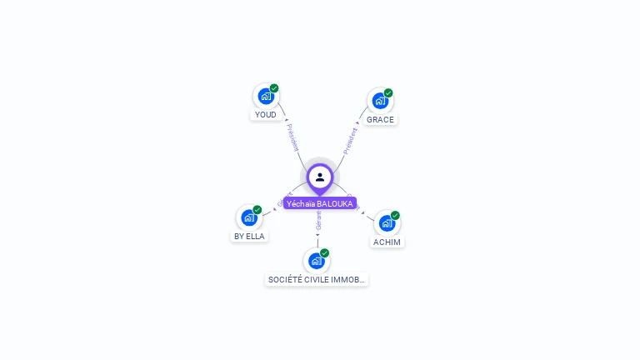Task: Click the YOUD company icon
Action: coord(265,96)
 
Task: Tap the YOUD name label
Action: coord(265,115)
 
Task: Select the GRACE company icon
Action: coord(380,101)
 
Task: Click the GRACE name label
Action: coord(380,120)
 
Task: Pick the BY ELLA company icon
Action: coord(248,217)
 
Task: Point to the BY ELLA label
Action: coord(248,237)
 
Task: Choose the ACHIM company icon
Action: coord(387,223)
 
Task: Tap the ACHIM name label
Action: coord(387,242)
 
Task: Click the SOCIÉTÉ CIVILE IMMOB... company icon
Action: coord(316,261)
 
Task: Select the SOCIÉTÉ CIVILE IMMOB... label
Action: coord(317,280)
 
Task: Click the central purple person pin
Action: coord(320,177)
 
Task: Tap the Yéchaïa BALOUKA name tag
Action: coord(320,203)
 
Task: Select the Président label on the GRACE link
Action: coord(350,141)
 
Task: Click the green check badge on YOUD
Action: coord(274,88)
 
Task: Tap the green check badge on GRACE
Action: coord(388,93)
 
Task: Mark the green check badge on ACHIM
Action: coord(395,216)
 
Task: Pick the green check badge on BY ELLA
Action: coord(257,210)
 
